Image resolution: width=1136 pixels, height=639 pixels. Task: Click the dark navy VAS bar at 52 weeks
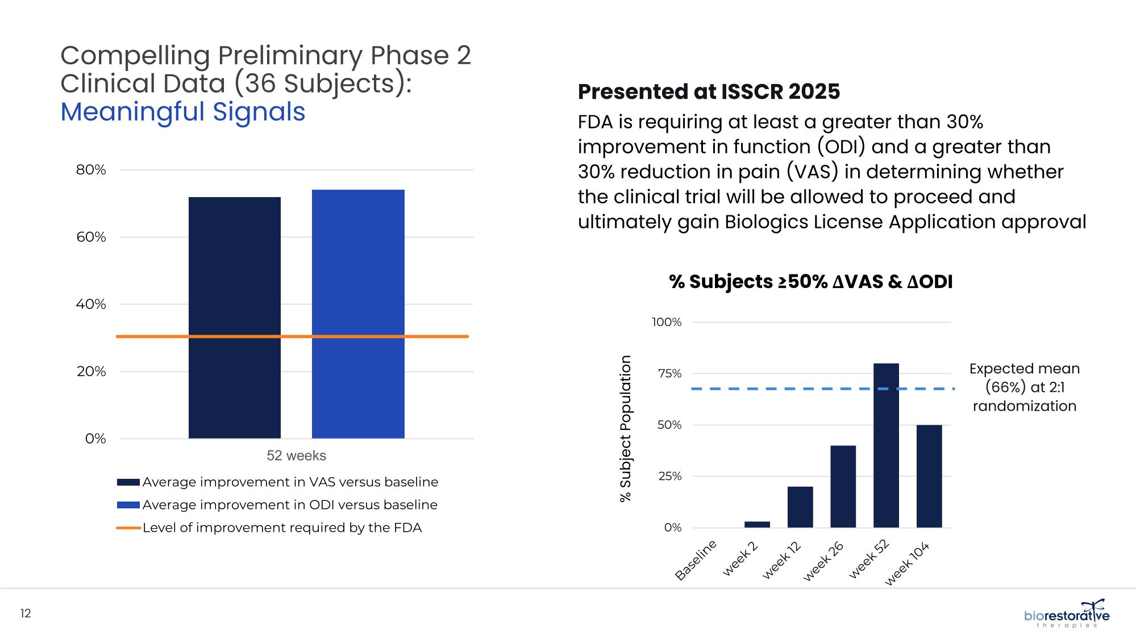234,318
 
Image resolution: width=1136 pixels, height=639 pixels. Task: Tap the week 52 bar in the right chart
886,445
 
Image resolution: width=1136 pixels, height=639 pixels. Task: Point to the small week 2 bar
757,524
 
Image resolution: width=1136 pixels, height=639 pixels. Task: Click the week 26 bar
843,486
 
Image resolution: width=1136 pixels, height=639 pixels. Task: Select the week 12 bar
800,507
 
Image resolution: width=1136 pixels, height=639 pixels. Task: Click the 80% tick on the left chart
91,170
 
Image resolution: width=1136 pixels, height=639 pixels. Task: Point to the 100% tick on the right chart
666,322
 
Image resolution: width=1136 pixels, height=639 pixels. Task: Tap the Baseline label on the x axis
696,561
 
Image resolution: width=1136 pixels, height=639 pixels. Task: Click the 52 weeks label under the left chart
296,456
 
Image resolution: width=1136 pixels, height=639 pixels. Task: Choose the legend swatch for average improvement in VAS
128,482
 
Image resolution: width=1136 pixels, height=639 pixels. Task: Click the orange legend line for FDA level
128,528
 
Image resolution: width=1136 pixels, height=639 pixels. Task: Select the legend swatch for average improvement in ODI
128,505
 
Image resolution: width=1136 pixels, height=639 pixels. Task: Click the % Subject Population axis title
625,428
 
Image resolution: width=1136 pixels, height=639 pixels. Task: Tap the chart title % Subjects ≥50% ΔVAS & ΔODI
810,282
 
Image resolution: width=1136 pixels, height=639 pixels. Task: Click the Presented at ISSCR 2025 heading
709,91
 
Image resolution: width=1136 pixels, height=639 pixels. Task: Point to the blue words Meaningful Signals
182,112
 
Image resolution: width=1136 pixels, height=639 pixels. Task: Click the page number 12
26,613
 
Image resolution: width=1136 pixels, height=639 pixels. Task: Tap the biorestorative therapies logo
1066,615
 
